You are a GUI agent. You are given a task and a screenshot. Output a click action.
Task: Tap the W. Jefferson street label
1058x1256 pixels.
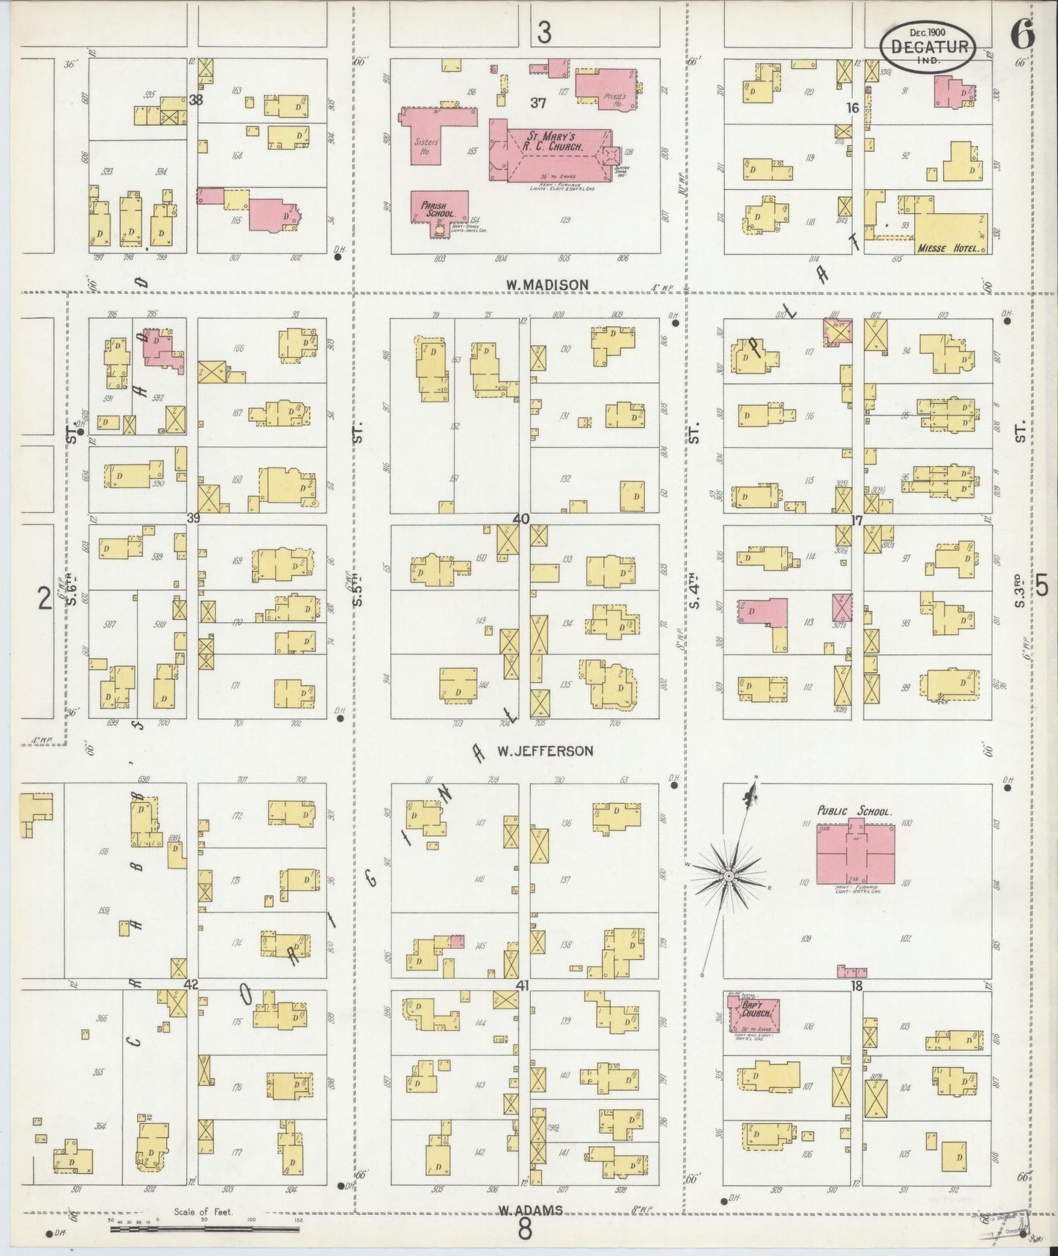545,750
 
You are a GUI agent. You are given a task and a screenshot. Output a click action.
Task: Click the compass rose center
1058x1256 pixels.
729,876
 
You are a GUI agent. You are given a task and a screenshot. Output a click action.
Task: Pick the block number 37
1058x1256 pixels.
539,103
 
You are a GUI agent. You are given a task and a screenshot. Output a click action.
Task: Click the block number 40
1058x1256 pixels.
521,519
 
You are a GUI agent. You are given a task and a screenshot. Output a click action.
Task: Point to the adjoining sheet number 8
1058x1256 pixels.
524,1229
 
